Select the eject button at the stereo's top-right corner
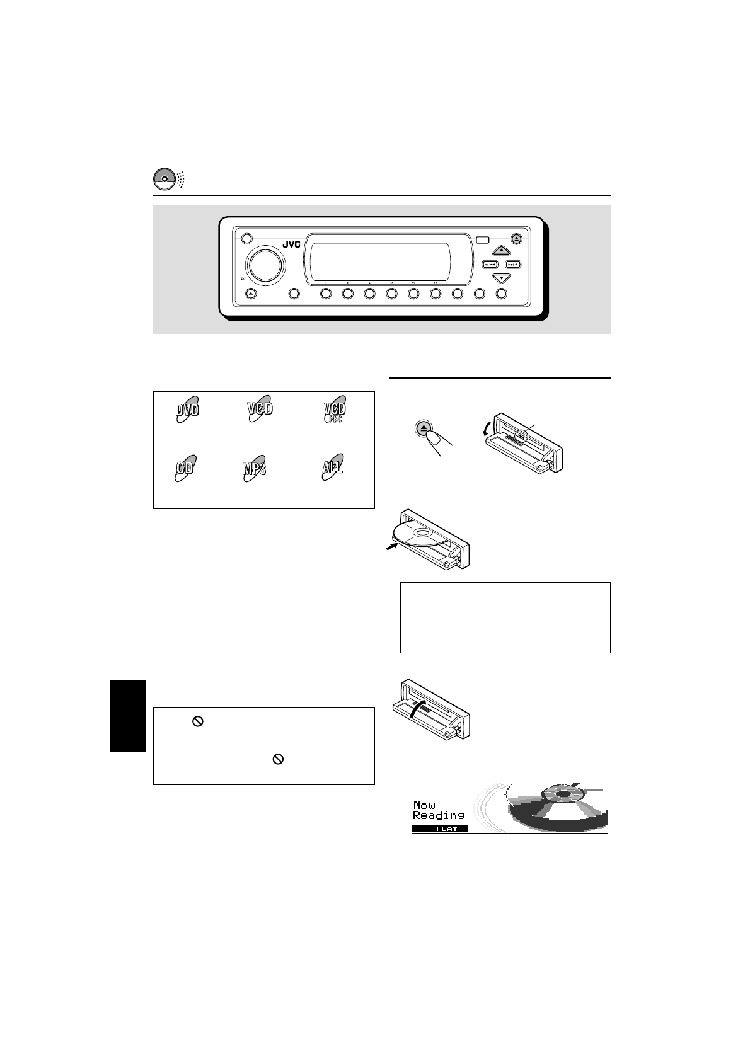(516, 239)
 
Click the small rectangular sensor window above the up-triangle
(483, 239)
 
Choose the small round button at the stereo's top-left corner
(246, 239)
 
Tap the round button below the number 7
(326, 294)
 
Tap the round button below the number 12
(436, 294)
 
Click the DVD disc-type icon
(187, 410)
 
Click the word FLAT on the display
(447, 829)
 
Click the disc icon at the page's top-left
(163, 179)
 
